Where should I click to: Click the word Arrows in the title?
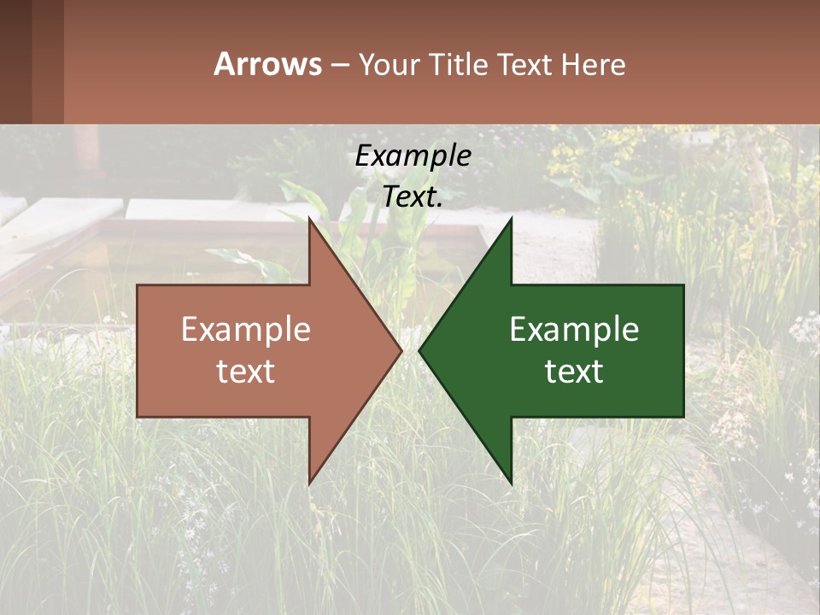point(267,64)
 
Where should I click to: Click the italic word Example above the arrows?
point(413,156)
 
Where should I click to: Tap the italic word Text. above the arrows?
point(413,197)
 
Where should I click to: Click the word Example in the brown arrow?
point(245,330)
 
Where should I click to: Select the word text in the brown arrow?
point(245,372)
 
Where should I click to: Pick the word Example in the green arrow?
point(574,330)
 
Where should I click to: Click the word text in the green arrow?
point(574,372)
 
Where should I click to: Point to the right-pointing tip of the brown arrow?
point(401,350)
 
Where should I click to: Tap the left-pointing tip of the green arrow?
point(420,350)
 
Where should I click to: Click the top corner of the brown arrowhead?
point(310,220)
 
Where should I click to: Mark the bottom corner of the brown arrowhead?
point(310,483)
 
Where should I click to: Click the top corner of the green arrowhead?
point(511,220)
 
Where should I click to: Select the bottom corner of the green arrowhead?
point(511,483)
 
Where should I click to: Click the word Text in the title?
point(526,65)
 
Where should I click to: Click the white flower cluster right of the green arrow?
point(803,329)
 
